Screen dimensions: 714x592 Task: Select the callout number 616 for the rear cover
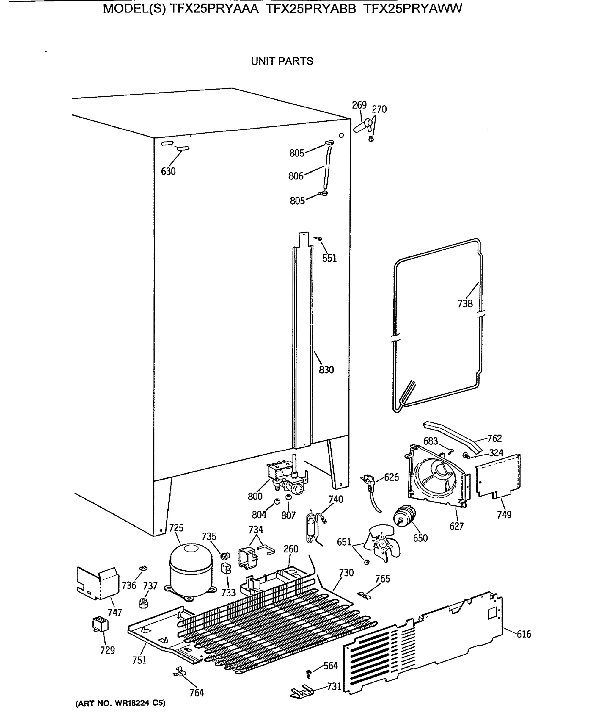click(524, 634)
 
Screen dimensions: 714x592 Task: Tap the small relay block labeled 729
click(100, 624)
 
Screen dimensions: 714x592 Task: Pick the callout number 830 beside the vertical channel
click(326, 369)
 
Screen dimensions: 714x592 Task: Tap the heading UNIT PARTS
click(282, 61)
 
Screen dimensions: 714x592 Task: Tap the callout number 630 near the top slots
click(168, 172)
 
